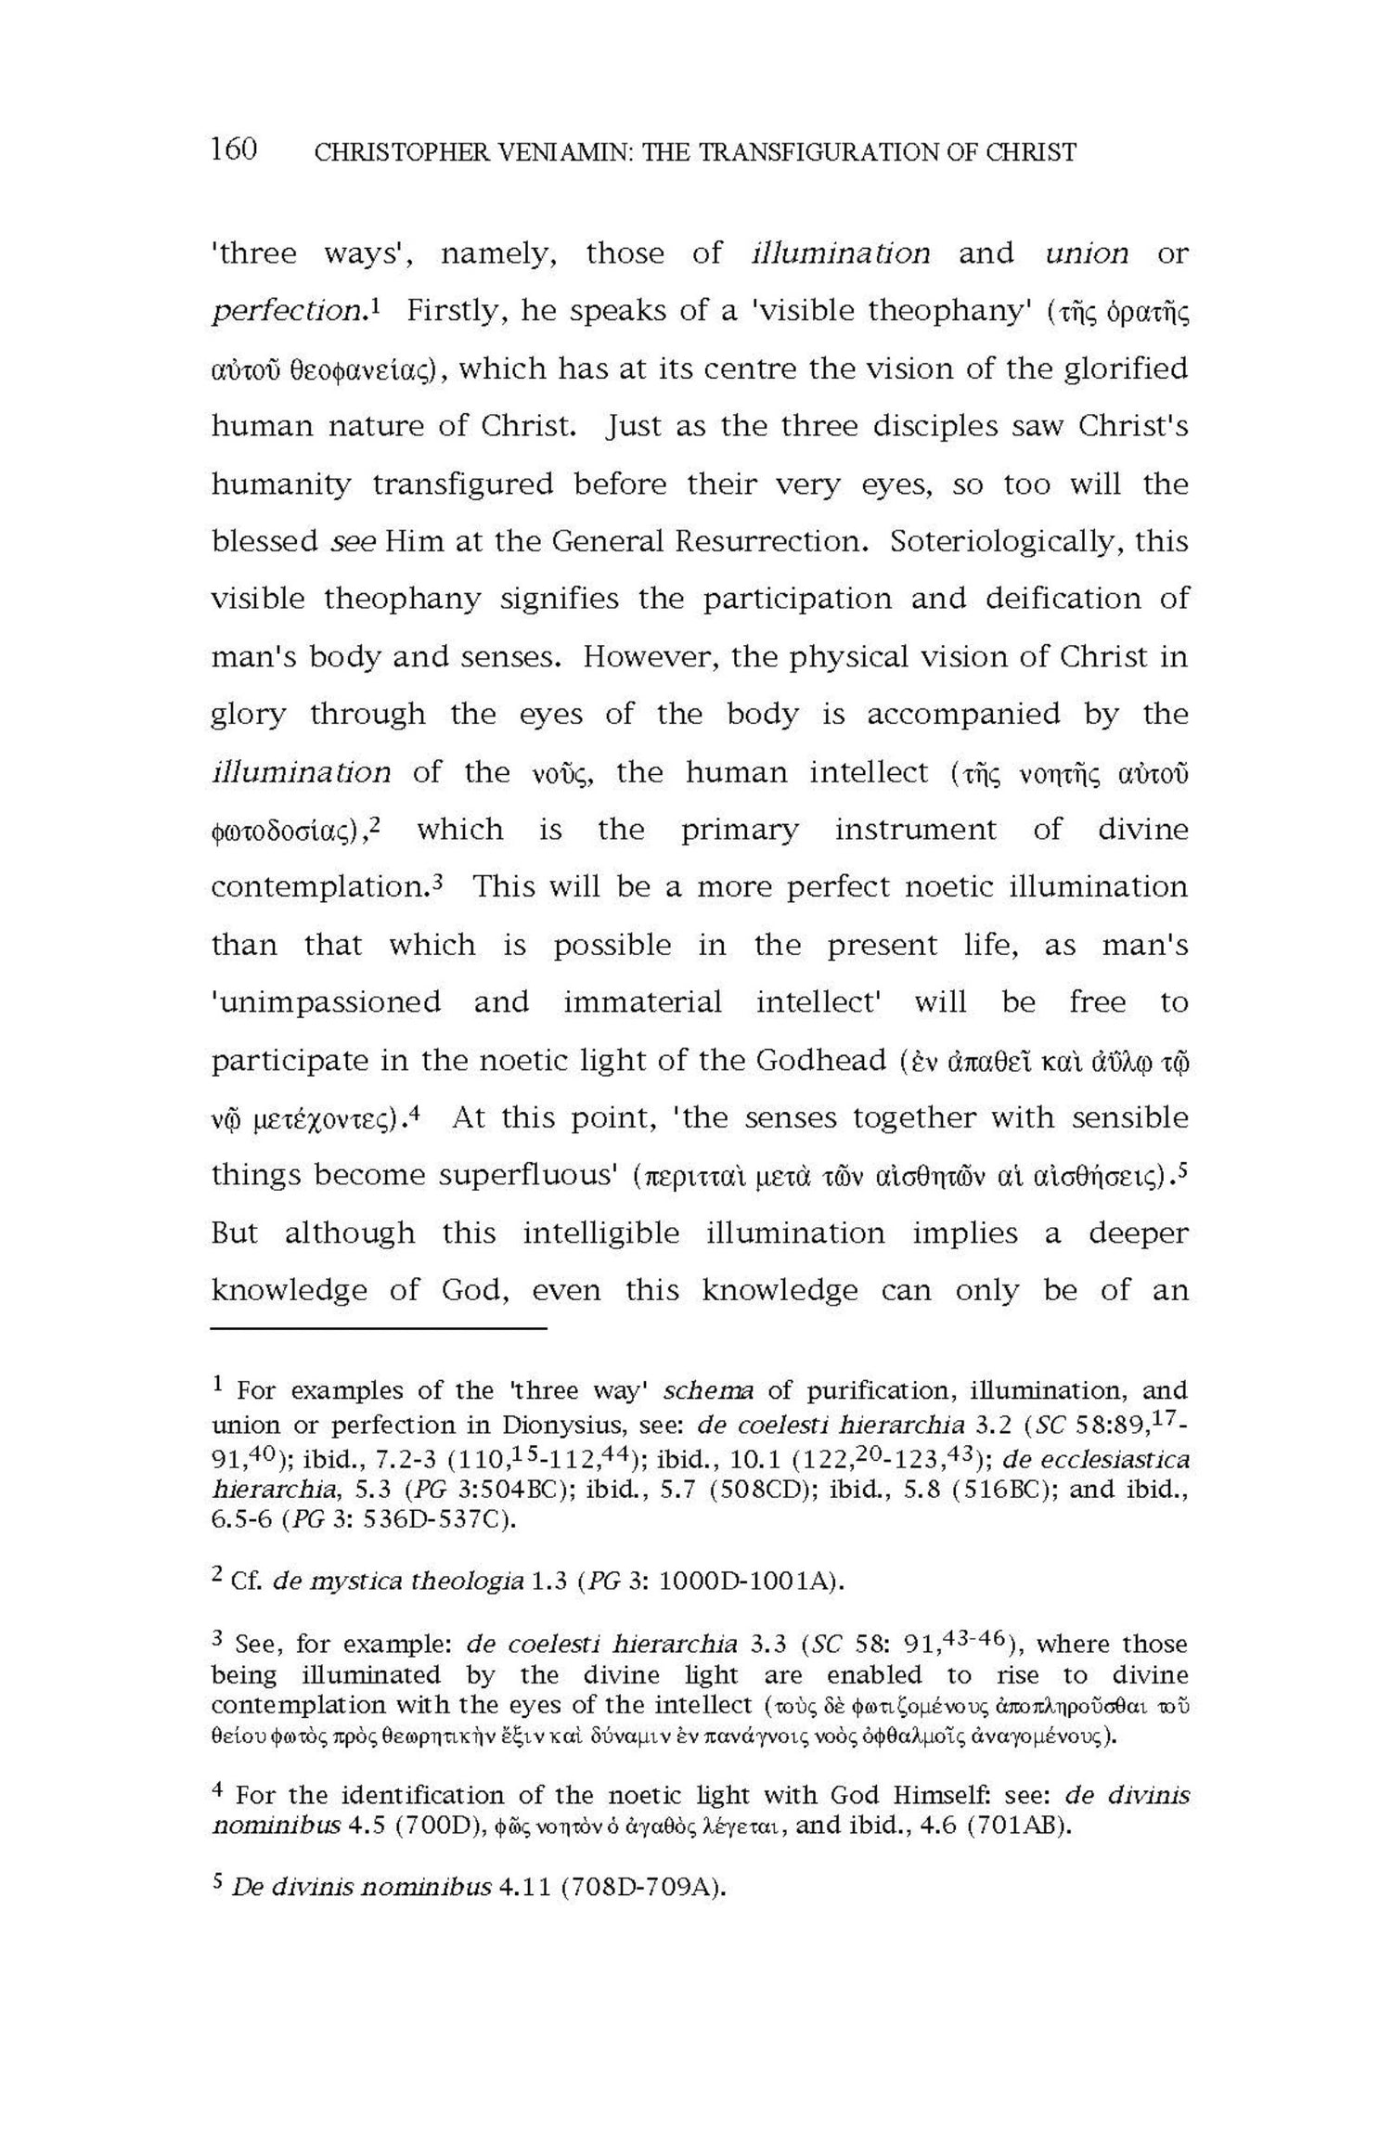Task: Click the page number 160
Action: (x=233, y=148)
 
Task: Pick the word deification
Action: (x=1059, y=599)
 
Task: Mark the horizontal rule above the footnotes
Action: (x=379, y=1330)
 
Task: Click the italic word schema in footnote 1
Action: (x=708, y=1391)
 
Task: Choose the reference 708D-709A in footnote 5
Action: (x=639, y=1889)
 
